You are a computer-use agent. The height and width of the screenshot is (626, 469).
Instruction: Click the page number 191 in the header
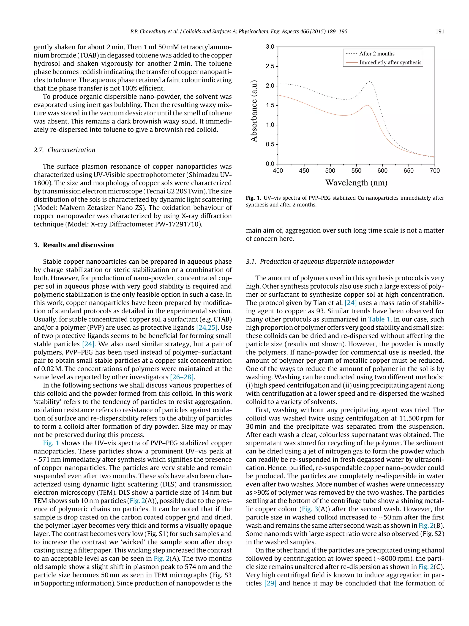[440, 31]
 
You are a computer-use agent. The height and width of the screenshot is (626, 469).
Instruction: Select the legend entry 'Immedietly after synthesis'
[390, 63]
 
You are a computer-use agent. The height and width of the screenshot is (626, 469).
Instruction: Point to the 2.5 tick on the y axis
[270, 66]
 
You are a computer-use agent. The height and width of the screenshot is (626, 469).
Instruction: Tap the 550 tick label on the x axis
[356, 171]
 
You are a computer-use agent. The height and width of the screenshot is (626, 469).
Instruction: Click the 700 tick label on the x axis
[434, 171]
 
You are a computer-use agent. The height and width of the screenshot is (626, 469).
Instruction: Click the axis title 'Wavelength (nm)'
[356, 183]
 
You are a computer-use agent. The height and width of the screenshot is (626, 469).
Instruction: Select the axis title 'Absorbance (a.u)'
[254, 111]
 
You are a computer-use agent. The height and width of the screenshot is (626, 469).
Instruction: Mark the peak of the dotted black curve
[369, 82]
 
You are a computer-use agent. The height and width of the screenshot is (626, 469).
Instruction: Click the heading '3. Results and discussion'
[74, 245]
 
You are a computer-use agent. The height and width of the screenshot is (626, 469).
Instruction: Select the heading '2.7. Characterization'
[64, 150]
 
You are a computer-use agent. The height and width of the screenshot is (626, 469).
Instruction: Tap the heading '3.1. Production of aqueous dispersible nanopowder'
[320, 262]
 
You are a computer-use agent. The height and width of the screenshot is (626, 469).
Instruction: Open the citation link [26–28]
[182, 377]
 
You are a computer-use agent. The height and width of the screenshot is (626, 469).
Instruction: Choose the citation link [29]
[270, 583]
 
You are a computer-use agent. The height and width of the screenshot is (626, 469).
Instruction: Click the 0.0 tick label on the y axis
[270, 164]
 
